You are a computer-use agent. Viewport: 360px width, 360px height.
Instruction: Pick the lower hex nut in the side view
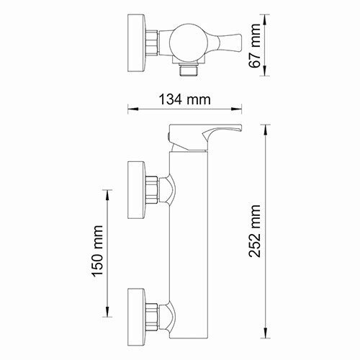point(153,312)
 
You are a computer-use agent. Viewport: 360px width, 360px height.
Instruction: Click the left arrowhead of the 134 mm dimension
point(131,110)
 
